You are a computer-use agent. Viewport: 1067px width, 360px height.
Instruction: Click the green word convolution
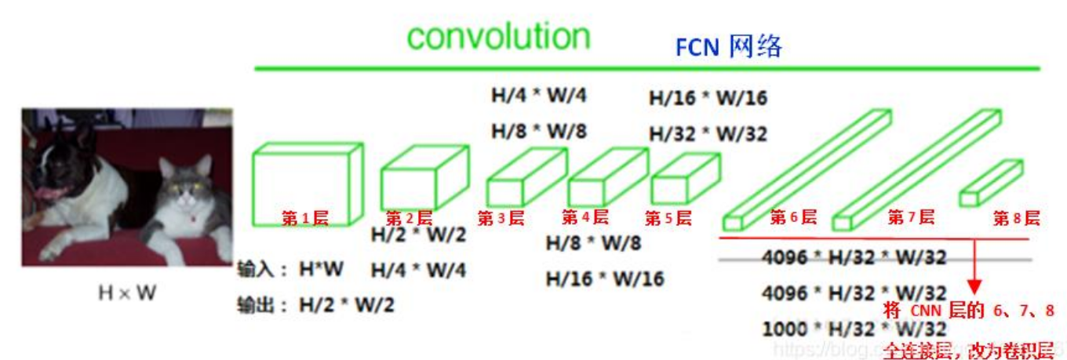coord(497,37)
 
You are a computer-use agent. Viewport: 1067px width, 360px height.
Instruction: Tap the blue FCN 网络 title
coord(729,47)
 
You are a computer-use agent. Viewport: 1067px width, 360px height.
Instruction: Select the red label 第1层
coord(305,219)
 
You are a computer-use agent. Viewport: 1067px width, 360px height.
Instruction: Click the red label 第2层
coord(409,219)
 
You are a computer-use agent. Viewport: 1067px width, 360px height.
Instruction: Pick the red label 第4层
coord(584,218)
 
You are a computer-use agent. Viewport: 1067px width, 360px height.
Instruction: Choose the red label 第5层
coord(668,219)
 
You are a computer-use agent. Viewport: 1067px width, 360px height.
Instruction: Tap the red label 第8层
coord(1016,219)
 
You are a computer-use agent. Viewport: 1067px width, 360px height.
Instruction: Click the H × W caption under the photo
coord(126,293)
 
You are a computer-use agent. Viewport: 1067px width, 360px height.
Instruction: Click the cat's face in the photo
coord(188,185)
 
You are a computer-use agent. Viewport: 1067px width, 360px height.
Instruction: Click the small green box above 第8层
coord(991,182)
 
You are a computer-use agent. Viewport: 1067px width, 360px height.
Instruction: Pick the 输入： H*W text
coord(290,270)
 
